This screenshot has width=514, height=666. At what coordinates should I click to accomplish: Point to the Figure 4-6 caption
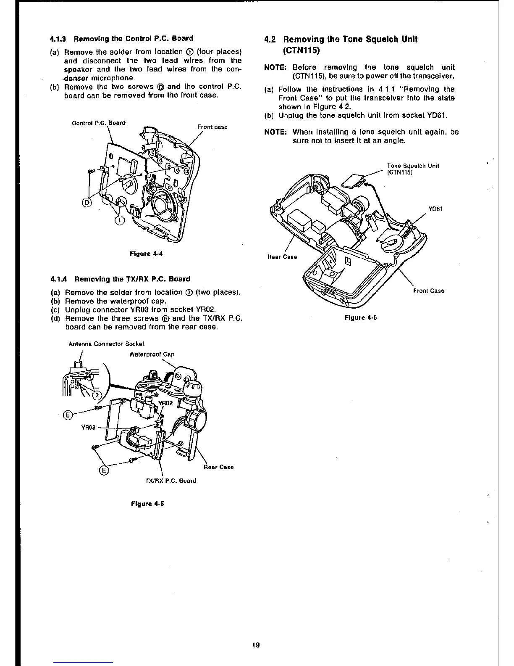click(360, 318)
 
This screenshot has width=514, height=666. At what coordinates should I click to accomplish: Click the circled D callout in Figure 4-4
click(87, 203)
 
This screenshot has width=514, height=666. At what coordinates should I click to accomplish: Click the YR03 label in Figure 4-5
click(88, 428)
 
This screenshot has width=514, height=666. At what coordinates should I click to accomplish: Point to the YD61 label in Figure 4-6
click(435, 209)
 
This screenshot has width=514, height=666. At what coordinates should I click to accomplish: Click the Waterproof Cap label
click(152, 354)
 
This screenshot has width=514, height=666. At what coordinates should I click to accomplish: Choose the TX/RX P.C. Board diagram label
click(170, 480)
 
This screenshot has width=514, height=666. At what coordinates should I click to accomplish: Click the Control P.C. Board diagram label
click(99, 123)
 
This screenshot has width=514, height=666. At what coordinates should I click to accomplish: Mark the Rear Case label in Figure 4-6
click(282, 257)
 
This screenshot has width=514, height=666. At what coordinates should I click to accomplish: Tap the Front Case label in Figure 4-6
click(428, 291)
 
